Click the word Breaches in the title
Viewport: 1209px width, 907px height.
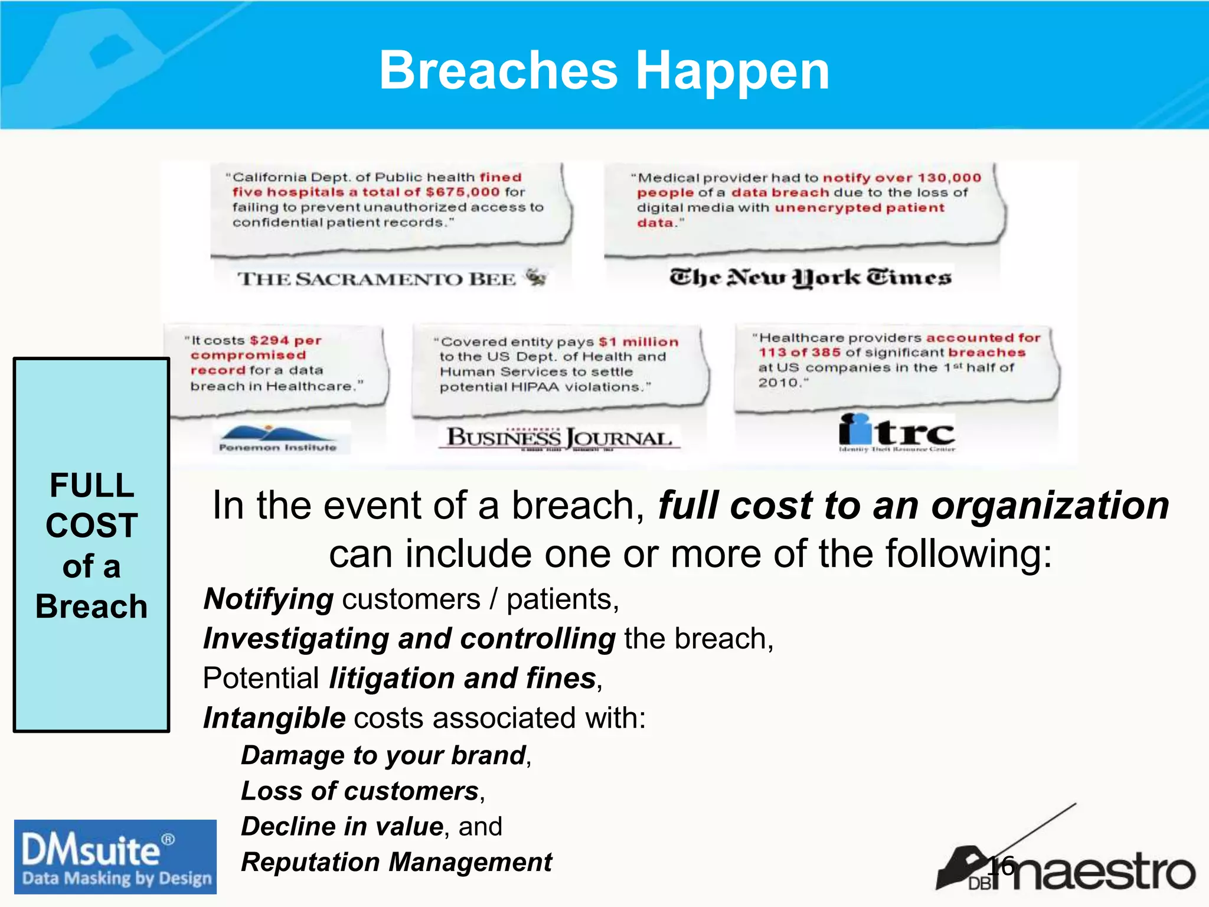pyautogui.click(x=499, y=71)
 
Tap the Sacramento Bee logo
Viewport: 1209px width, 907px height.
pyautogui.click(x=392, y=278)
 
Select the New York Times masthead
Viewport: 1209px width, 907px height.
pyautogui.click(x=810, y=277)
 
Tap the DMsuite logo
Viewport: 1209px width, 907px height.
pyautogui.click(x=115, y=856)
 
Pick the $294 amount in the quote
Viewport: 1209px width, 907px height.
pyautogui.click(x=269, y=341)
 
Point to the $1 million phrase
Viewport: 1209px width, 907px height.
pyautogui.click(x=638, y=342)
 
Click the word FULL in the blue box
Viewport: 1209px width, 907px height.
pyautogui.click(x=92, y=485)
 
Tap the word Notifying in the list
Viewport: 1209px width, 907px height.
pyautogui.click(x=269, y=599)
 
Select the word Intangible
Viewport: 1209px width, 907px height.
pyautogui.click(x=274, y=718)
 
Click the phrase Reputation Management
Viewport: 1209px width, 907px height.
pyautogui.click(x=396, y=862)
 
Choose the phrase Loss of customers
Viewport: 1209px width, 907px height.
pyautogui.click(x=360, y=791)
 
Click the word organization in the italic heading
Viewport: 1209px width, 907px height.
pyautogui.click(x=1050, y=506)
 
